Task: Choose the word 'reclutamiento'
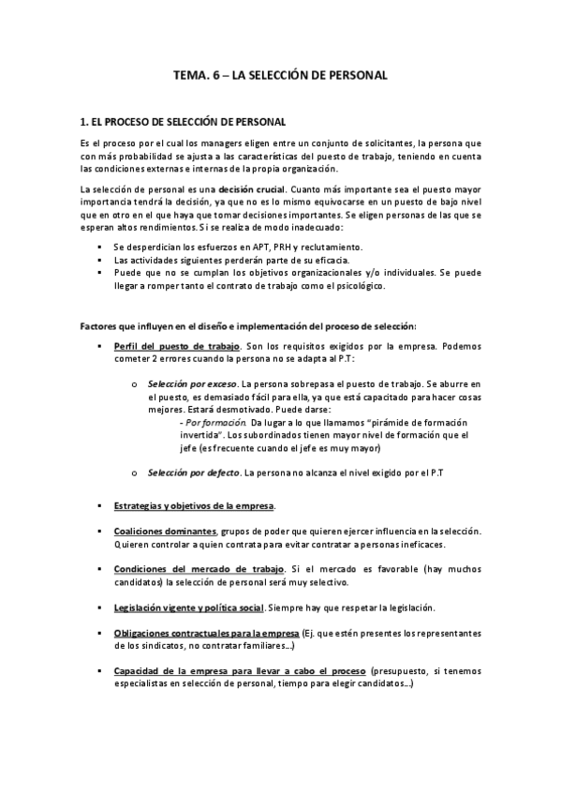[x=332, y=247]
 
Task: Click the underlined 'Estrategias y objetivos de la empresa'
[x=194, y=505]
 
